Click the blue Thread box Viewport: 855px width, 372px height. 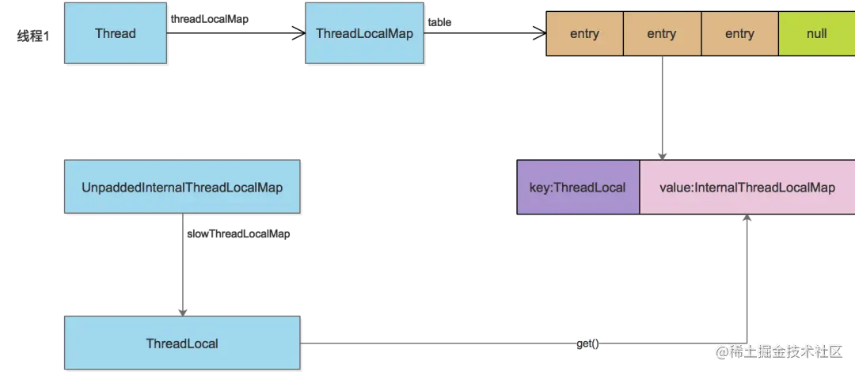(x=115, y=33)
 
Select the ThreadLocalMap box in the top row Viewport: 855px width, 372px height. (x=364, y=33)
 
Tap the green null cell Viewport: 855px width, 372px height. (x=816, y=33)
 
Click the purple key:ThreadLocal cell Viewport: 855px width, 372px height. (x=577, y=187)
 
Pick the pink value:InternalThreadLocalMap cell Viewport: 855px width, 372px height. (x=747, y=187)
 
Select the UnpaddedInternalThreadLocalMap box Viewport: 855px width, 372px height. (x=182, y=187)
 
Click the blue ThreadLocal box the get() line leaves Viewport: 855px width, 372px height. (x=182, y=343)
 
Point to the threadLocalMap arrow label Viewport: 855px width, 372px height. (x=209, y=18)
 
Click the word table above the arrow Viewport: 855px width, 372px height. (x=439, y=22)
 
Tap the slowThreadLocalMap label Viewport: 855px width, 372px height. (x=238, y=234)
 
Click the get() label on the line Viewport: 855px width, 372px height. (x=587, y=344)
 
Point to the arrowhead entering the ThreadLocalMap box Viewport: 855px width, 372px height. (x=299, y=33)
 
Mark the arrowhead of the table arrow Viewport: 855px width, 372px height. (x=541, y=33)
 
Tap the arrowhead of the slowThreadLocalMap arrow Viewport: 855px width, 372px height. (x=182, y=312)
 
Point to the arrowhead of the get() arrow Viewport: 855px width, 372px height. (x=747, y=218)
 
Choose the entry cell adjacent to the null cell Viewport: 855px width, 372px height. (x=739, y=33)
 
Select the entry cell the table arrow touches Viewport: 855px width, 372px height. (x=584, y=33)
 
